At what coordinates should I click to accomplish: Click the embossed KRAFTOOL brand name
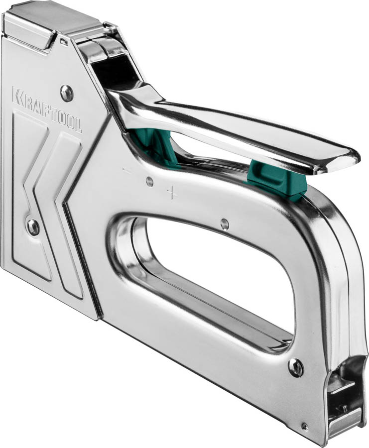point(47,110)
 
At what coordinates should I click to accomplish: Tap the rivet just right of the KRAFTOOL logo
point(67,93)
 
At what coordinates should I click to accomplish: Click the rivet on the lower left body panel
point(33,227)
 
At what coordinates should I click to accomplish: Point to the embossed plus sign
point(172,193)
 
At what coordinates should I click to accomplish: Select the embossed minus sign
point(126,171)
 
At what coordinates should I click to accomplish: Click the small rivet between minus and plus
point(149,181)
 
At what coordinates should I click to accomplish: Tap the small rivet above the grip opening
point(225,224)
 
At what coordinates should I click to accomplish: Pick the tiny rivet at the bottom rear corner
point(305,426)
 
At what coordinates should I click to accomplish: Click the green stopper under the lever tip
point(276,179)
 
